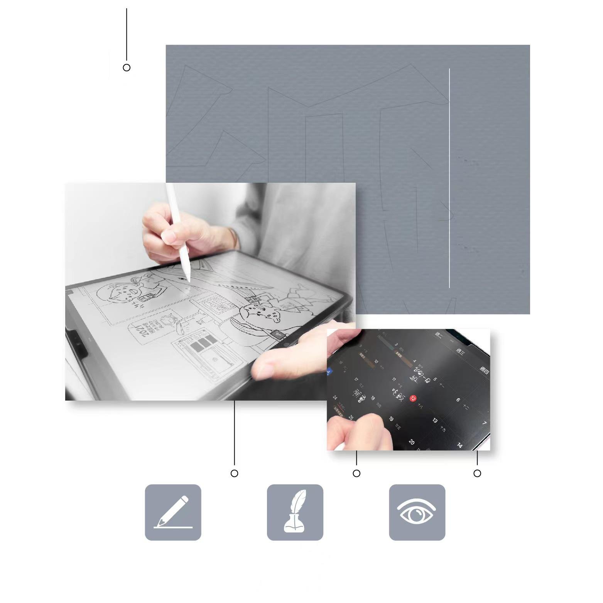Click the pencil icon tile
click(173, 512)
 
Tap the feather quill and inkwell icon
click(295, 512)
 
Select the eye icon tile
click(417, 512)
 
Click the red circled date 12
click(413, 398)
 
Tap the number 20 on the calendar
click(411, 442)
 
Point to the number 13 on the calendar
click(435, 420)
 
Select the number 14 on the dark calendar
click(459, 445)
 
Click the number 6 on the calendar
click(458, 400)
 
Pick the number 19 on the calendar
click(391, 419)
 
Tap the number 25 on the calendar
click(351, 417)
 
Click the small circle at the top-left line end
click(127, 67)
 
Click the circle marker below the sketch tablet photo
click(234, 473)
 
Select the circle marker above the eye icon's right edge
click(477, 473)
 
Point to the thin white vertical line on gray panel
click(449, 177)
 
